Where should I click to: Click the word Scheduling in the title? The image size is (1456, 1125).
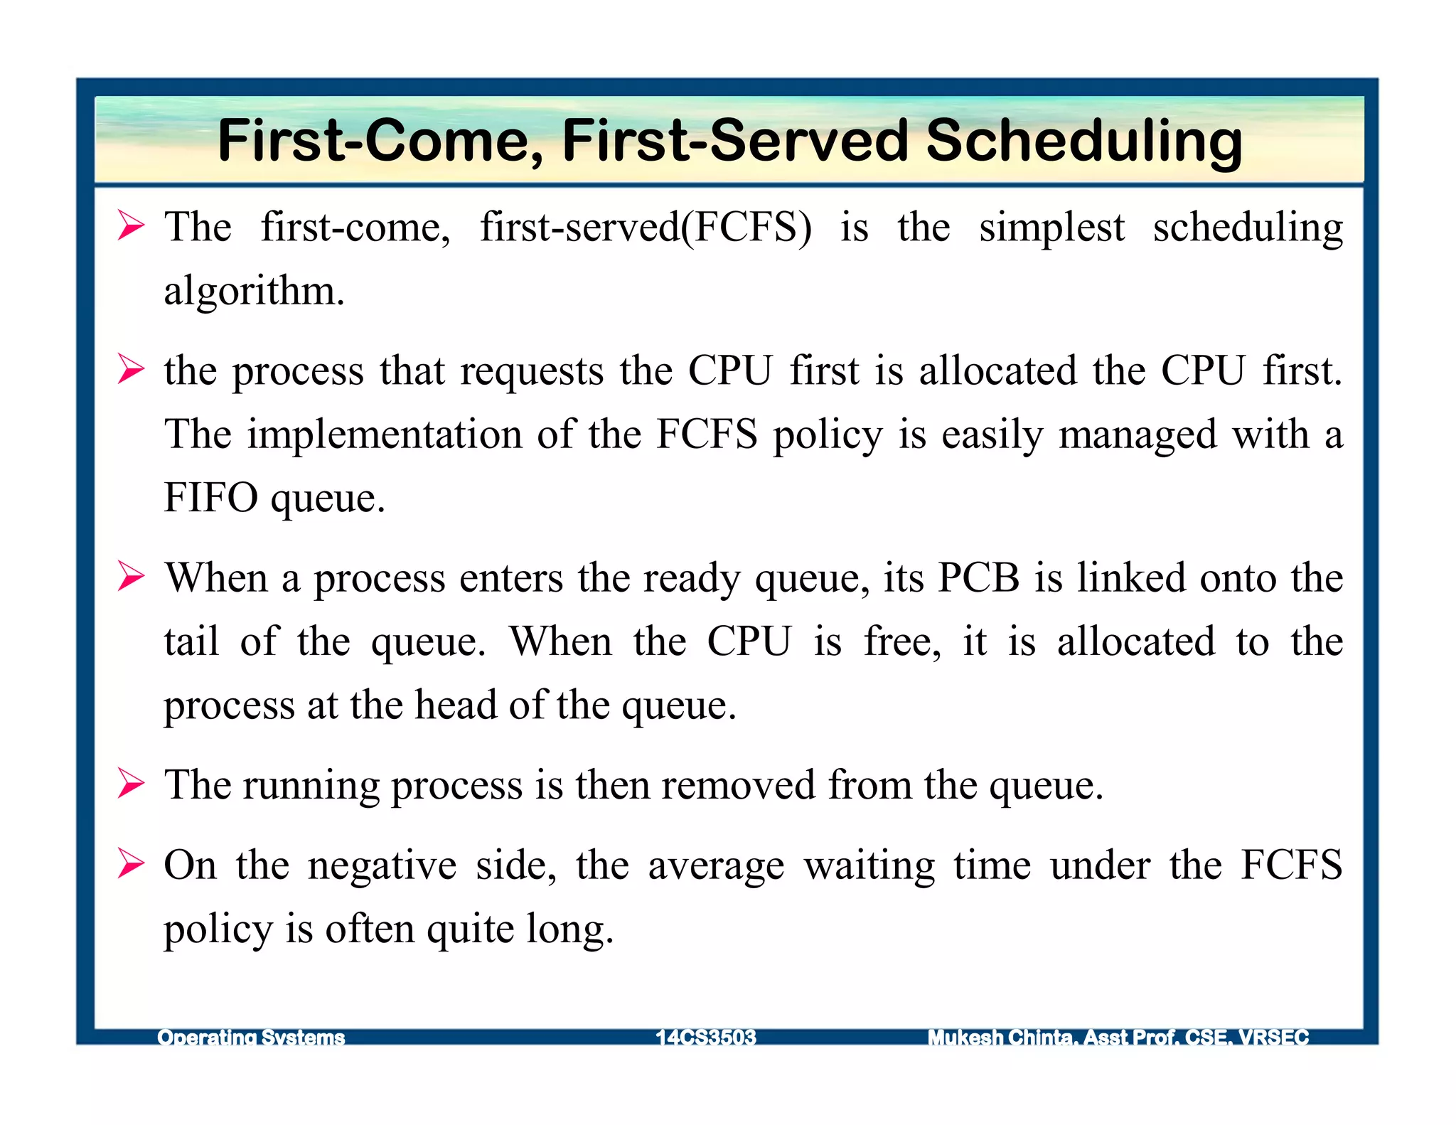(1083, 141)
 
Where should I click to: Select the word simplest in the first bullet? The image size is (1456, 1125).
(1051, 229)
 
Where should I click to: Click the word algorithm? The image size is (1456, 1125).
(254, 292)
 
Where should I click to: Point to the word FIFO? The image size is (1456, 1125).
(210, 497)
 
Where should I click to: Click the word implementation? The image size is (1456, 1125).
(384, 434)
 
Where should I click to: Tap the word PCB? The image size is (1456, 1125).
(978, 577)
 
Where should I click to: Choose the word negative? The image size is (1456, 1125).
(382, 866)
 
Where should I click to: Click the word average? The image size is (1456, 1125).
(716, 866)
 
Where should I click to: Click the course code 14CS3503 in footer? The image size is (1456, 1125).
(705, 1038)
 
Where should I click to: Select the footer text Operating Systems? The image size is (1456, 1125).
(250, 1038)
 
